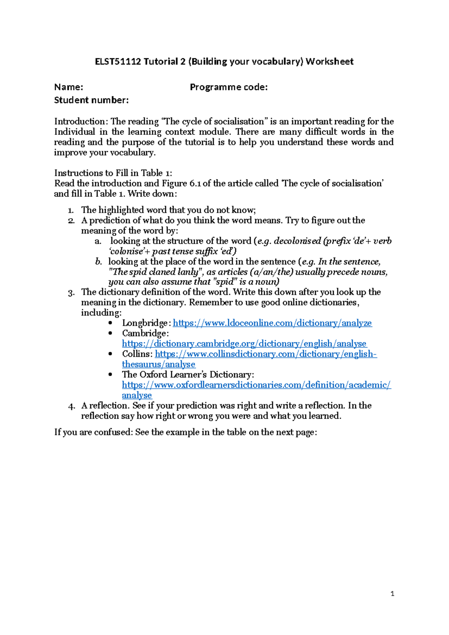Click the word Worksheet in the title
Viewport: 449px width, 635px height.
(x=329, y=61)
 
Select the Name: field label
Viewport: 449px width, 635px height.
(x=68, y=87)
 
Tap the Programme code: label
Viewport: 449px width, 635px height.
(x=229, y=87)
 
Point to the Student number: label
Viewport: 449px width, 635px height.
(x=91, y=100)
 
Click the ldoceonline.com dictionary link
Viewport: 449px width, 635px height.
(x=272, y=323)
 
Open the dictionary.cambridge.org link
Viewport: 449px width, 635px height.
(x=244, y=344)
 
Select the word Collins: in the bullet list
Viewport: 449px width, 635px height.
(x=137, y=354)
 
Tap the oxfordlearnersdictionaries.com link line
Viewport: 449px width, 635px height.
(x=256, y=385)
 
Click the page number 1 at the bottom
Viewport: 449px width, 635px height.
(x=392, y=594)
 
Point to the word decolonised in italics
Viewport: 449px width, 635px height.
(x=297, y=241)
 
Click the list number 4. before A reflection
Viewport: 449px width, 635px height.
(x=72, y=406)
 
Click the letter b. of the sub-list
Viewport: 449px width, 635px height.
(x=98, y=262)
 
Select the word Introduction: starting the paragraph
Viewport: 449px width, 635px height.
(x=81, y=122)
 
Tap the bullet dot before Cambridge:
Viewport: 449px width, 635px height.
(x=110, y=333)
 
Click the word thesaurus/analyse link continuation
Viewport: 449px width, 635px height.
(x=159, y=364)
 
